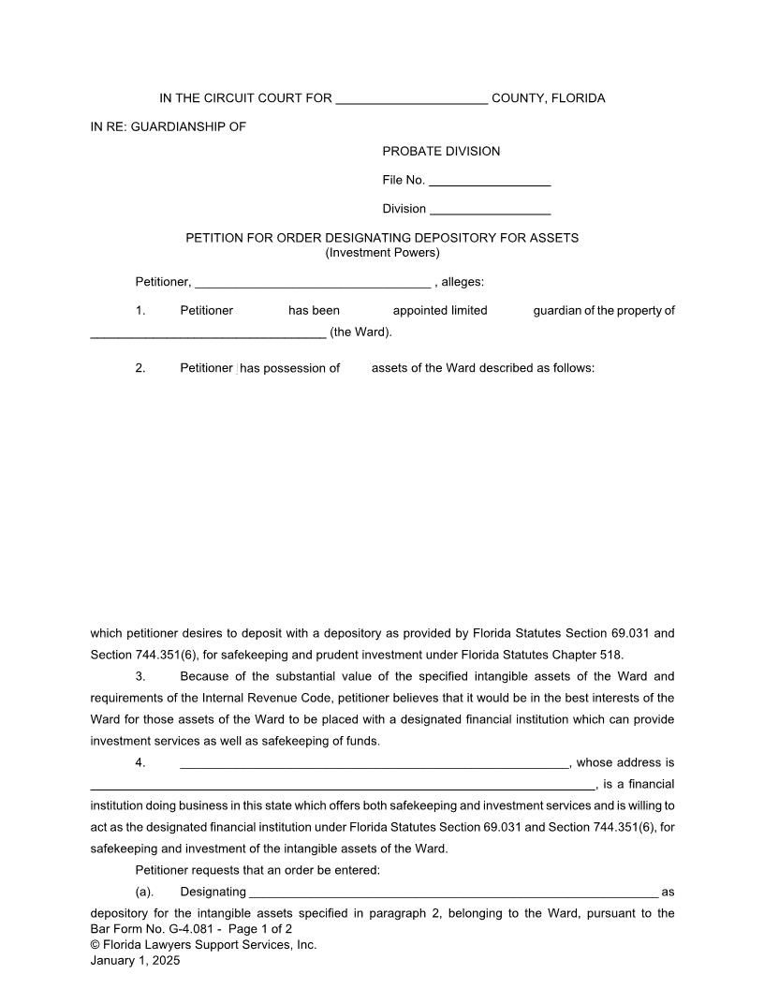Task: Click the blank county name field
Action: point(411,99)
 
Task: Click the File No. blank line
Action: point(490,181)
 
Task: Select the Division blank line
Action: point(490,210)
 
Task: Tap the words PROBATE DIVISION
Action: point(441,152)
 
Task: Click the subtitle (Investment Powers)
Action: point(382,253)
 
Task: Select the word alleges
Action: point(460,282)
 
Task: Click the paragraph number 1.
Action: point(140,311)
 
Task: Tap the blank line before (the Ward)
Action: point(208,332)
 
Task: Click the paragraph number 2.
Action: point(140,368)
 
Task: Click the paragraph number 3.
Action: point(140,676)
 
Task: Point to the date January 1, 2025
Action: point(135,961)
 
